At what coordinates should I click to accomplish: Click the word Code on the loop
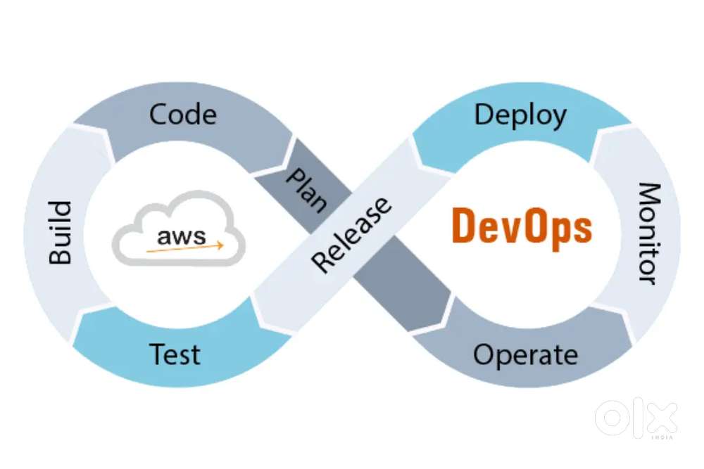183,114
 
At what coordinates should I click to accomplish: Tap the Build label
61,232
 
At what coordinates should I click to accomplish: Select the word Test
175,353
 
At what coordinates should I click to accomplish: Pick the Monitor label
649,233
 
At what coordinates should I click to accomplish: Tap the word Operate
525,354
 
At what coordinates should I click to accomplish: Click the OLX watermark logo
636,419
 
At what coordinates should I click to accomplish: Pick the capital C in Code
159,114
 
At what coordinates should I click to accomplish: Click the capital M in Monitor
649,194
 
